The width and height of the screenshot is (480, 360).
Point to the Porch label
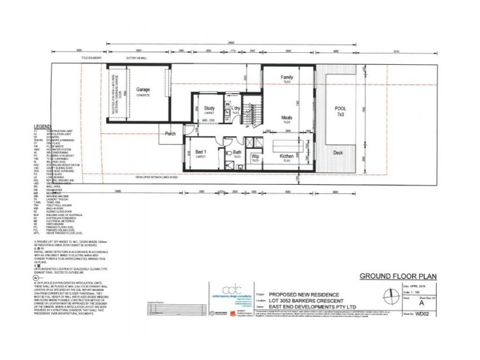170,134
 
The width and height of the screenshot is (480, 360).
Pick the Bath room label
238,153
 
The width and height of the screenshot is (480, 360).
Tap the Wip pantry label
255,157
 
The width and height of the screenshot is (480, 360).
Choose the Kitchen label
287,157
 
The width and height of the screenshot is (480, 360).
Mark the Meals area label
287,118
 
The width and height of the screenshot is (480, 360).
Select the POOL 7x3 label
340,111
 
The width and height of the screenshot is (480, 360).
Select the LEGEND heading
44,127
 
